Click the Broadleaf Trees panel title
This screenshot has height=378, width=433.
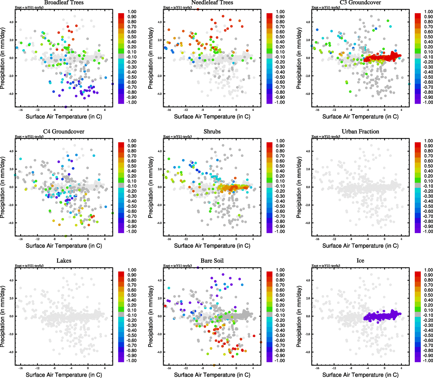pos(64,3)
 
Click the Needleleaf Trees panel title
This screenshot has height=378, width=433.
pos(212,3)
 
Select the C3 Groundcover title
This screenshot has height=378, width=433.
pos(360,3)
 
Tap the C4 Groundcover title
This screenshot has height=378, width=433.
pos(64,132)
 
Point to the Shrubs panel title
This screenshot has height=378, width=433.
pos(212,132)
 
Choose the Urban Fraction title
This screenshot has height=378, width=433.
pos(360,132)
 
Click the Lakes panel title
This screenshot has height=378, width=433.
pos(64,261)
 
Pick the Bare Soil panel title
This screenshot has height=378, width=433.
pos(212,261)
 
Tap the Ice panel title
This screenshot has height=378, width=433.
pos(360,261)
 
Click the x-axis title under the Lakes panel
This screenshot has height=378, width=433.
pos(64,375)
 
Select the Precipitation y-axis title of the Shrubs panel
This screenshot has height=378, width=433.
pos(151,187)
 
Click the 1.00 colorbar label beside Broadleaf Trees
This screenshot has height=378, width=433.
pos(132,12)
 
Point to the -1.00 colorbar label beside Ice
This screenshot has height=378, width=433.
pos(428,360)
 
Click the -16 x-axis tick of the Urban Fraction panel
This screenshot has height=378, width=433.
pos(317,239)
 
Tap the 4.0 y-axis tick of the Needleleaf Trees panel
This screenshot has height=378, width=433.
pos(159,22)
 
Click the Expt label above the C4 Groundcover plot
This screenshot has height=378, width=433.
pos(29,136)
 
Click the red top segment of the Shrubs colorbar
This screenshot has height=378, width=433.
pos(270,145)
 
